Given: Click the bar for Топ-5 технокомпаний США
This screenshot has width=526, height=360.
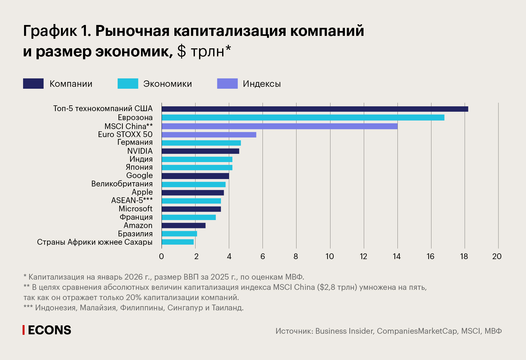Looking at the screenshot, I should [315, 109].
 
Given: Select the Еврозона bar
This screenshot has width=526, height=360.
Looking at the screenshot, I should [303, 118].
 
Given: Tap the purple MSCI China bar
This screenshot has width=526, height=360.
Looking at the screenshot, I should [280, 126].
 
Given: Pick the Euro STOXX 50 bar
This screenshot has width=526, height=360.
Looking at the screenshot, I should [209, 135].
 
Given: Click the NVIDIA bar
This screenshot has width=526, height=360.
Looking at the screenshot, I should [200, 151].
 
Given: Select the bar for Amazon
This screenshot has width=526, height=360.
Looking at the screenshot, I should [183, 225].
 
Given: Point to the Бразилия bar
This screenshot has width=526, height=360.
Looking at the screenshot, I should [179, 234].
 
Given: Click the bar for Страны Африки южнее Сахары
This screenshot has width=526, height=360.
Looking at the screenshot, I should [178, 242].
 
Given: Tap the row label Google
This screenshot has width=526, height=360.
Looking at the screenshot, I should [139, 176].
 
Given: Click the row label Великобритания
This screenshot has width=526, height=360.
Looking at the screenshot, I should [122, 184].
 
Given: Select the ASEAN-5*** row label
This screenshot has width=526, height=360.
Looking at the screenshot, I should [132, 200].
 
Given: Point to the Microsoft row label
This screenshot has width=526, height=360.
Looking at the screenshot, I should [136, 209].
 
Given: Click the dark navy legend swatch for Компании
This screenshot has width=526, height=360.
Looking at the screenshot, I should [33, 84].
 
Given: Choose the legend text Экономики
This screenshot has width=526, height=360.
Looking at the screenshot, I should [167, 84].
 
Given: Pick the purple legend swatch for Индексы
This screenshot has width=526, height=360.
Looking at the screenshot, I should [227, 84].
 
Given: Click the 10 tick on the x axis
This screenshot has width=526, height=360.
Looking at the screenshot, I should [330, 256].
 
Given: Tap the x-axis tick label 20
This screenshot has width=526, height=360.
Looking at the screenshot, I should [497, 256].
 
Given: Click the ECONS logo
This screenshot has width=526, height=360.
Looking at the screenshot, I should [47, 330].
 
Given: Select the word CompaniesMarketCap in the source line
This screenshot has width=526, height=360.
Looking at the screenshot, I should [417, 331].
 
